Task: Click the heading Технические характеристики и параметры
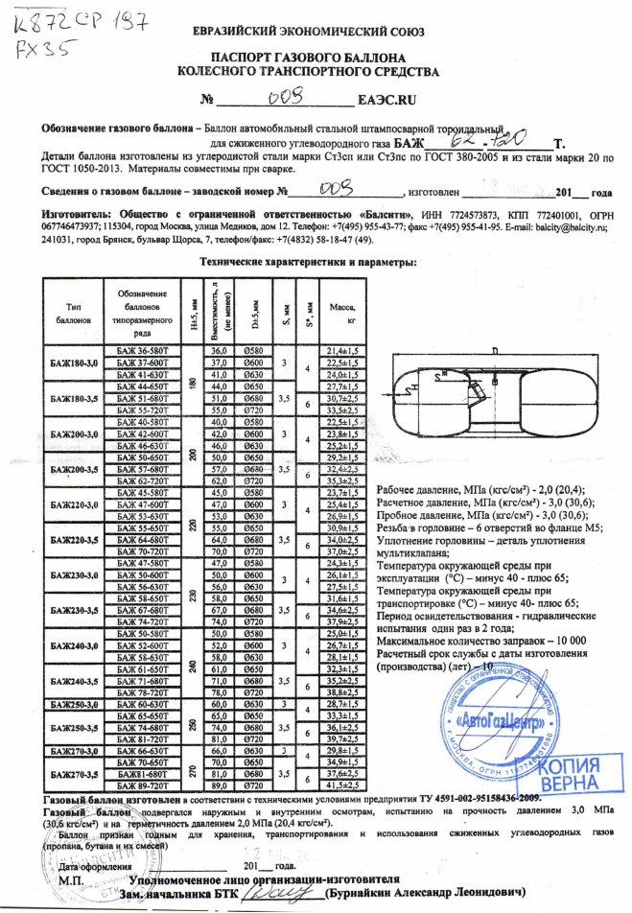click(x=307, y=261)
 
